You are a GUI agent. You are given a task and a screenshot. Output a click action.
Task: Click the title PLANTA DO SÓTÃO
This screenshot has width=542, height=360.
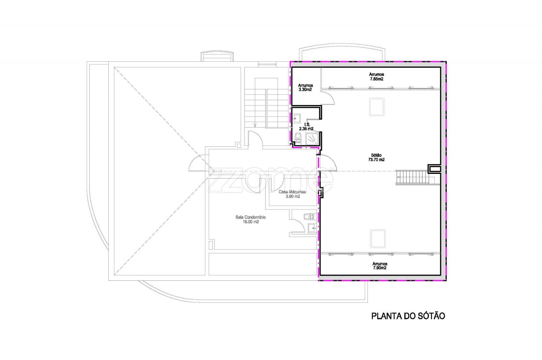click(408, 316)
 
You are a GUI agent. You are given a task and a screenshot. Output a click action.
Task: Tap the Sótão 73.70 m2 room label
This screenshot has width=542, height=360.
click(376, 157)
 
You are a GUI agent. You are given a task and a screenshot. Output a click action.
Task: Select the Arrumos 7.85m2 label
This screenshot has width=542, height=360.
click(376, 77)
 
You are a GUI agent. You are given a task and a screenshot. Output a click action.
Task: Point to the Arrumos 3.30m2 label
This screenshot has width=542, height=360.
click(305, 87)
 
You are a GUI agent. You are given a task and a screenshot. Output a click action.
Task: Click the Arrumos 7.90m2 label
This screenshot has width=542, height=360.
click(379, 266)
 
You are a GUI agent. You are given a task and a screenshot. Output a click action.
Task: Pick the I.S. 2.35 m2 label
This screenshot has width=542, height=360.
click(306, 127)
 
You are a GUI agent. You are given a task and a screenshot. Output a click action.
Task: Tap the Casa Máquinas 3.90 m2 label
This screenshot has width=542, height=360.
click(292, 194)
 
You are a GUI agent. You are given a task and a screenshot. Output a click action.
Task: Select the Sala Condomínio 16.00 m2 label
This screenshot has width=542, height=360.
click(250, 219)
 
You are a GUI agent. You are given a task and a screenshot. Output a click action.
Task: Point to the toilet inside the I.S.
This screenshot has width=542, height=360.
click(298, 139)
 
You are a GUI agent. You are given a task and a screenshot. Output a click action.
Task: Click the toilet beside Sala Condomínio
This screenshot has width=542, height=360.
click(310, 217)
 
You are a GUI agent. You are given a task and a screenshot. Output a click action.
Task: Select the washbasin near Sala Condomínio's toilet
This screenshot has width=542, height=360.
click(312, 228)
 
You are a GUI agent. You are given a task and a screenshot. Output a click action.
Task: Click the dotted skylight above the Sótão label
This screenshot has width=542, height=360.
click(376, 107)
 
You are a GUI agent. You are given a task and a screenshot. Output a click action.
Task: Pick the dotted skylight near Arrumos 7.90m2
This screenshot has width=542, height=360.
click(378, 239)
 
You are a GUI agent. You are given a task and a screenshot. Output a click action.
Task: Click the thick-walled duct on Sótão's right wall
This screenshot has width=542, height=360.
click(434, 169)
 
